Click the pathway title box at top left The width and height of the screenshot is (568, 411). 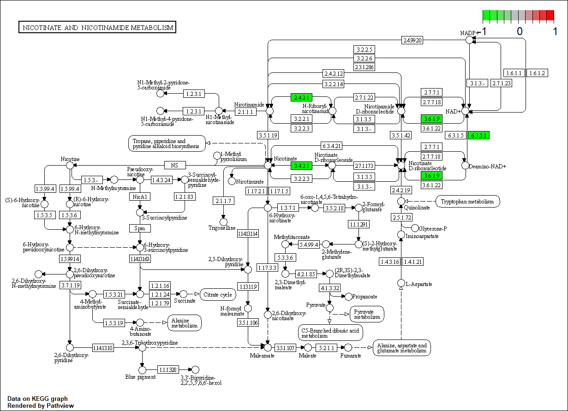point(97,28)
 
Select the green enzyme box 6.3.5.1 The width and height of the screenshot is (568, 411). point(478,136)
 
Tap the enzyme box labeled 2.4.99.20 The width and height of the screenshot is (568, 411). point(412,40)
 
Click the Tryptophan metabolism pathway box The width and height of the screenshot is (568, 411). point(467,201)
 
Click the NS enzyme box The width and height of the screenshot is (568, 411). point(174,165)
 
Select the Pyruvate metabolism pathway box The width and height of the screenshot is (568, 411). point(367,314)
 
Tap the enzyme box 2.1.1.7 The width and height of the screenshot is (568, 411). point(224,201)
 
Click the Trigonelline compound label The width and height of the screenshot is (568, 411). point(222,228)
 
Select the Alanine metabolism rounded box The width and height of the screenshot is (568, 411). point(185,322)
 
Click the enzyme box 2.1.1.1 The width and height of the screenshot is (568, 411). point(245,112)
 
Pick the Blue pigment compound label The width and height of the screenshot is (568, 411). point(140,377)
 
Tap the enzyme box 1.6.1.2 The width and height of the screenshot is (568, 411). point(537,73)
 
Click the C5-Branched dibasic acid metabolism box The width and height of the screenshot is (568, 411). point(330,332)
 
